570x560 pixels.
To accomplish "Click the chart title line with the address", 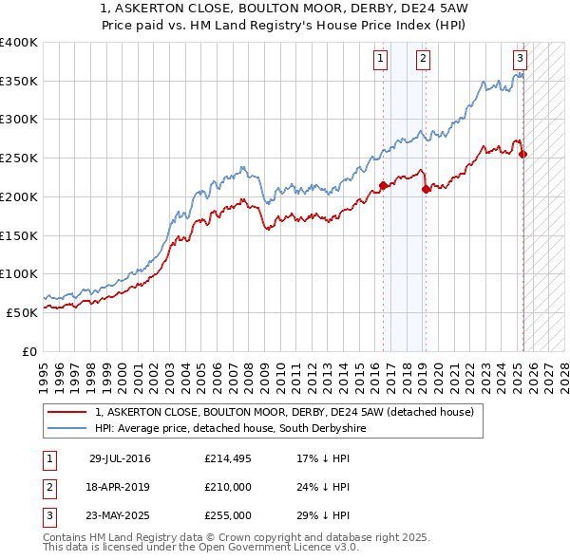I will pyautogui.click(x=284, y=9).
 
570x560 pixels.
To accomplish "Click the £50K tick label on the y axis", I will pyautogui.click(x=23, y=312).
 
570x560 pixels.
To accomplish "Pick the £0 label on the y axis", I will pyautogui.click(x=31, y=351).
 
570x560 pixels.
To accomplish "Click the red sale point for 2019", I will pyautogui.click(x=426, y=189).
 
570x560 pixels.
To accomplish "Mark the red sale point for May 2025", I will pyautogui.click(x=523, y=155).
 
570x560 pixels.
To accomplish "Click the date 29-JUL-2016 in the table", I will pyautogui.click(x=120, y=458).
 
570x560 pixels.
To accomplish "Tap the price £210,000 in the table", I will pyautogui.click(x=228, y=487).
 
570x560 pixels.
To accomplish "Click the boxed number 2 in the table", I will pyautogui.click(x=47, y=487).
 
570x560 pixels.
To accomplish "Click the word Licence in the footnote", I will pyautogui.click(x=302, y=548).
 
